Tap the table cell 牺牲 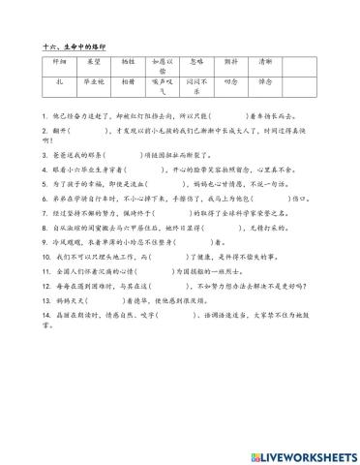pos(128,60)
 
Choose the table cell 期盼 pos(231,60)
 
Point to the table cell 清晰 pos(265,60)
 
